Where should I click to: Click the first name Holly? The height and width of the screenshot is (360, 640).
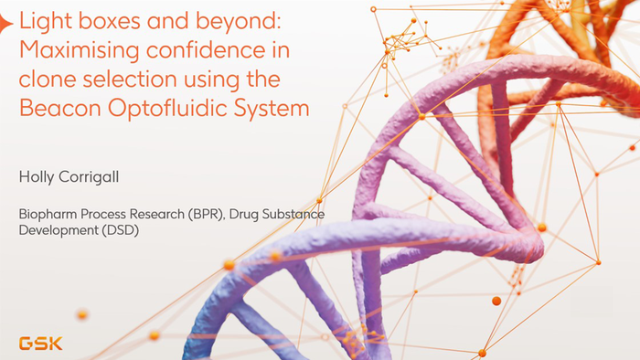(35, 175)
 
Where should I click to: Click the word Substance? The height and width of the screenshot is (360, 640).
(294, 215)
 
